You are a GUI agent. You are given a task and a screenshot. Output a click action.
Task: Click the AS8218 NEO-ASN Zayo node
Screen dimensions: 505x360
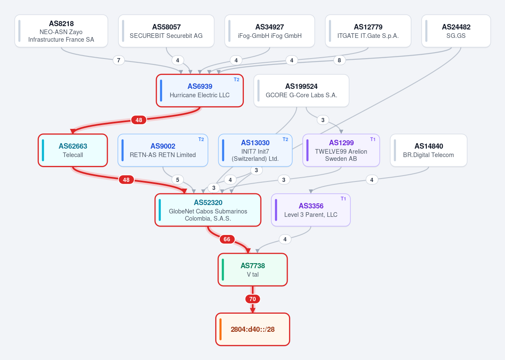click(x=61, y=31)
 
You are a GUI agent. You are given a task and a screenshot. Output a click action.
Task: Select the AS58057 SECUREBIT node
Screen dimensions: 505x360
click(x=166, y=31)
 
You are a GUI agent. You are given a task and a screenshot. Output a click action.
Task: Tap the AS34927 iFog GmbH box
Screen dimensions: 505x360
click(x=270, y=31)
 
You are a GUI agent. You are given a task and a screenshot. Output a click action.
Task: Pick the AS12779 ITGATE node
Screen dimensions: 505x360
click(x=368, y=31)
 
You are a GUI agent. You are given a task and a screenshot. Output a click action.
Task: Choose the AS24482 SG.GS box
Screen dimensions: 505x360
click(x=456, y=31)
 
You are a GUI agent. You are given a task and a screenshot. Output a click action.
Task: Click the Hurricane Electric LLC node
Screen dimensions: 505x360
click(x=200, y=91)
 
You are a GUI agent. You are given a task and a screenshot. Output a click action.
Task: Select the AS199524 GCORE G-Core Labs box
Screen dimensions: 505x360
click(x=302, y=91)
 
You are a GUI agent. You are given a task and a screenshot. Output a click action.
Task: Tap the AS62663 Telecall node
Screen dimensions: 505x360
click(x=73, y=150)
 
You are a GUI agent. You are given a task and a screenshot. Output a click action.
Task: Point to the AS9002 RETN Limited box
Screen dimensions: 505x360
click(x=163, y=150)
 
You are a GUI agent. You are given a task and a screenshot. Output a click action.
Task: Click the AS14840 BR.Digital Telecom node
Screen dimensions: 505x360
click(x=429, y=150)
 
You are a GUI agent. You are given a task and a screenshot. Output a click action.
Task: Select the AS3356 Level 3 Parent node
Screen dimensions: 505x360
click(x=311, y=210)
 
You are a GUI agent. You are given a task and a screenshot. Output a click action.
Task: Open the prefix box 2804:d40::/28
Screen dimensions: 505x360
click(x=253, y=329)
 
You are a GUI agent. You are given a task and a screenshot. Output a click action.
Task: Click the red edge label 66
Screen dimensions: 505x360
click(x=227, y=239)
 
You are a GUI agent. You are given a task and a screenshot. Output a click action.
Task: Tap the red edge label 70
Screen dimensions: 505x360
click(x=253, y=299)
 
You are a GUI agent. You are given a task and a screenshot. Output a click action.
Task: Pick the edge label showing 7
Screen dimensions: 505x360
click(x=119, y=60)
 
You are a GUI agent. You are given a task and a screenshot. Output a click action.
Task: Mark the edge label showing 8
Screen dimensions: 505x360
click(x=339, y=60)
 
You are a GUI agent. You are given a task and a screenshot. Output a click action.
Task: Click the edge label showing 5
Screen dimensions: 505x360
click(x=177, y=180)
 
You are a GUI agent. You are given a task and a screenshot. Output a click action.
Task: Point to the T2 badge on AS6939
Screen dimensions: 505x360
click(x=236, y=80)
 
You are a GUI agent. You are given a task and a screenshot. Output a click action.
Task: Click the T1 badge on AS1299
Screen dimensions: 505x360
click(x=373, y=139)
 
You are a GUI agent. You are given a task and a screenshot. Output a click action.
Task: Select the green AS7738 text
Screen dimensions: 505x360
click(x=253, y=266)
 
